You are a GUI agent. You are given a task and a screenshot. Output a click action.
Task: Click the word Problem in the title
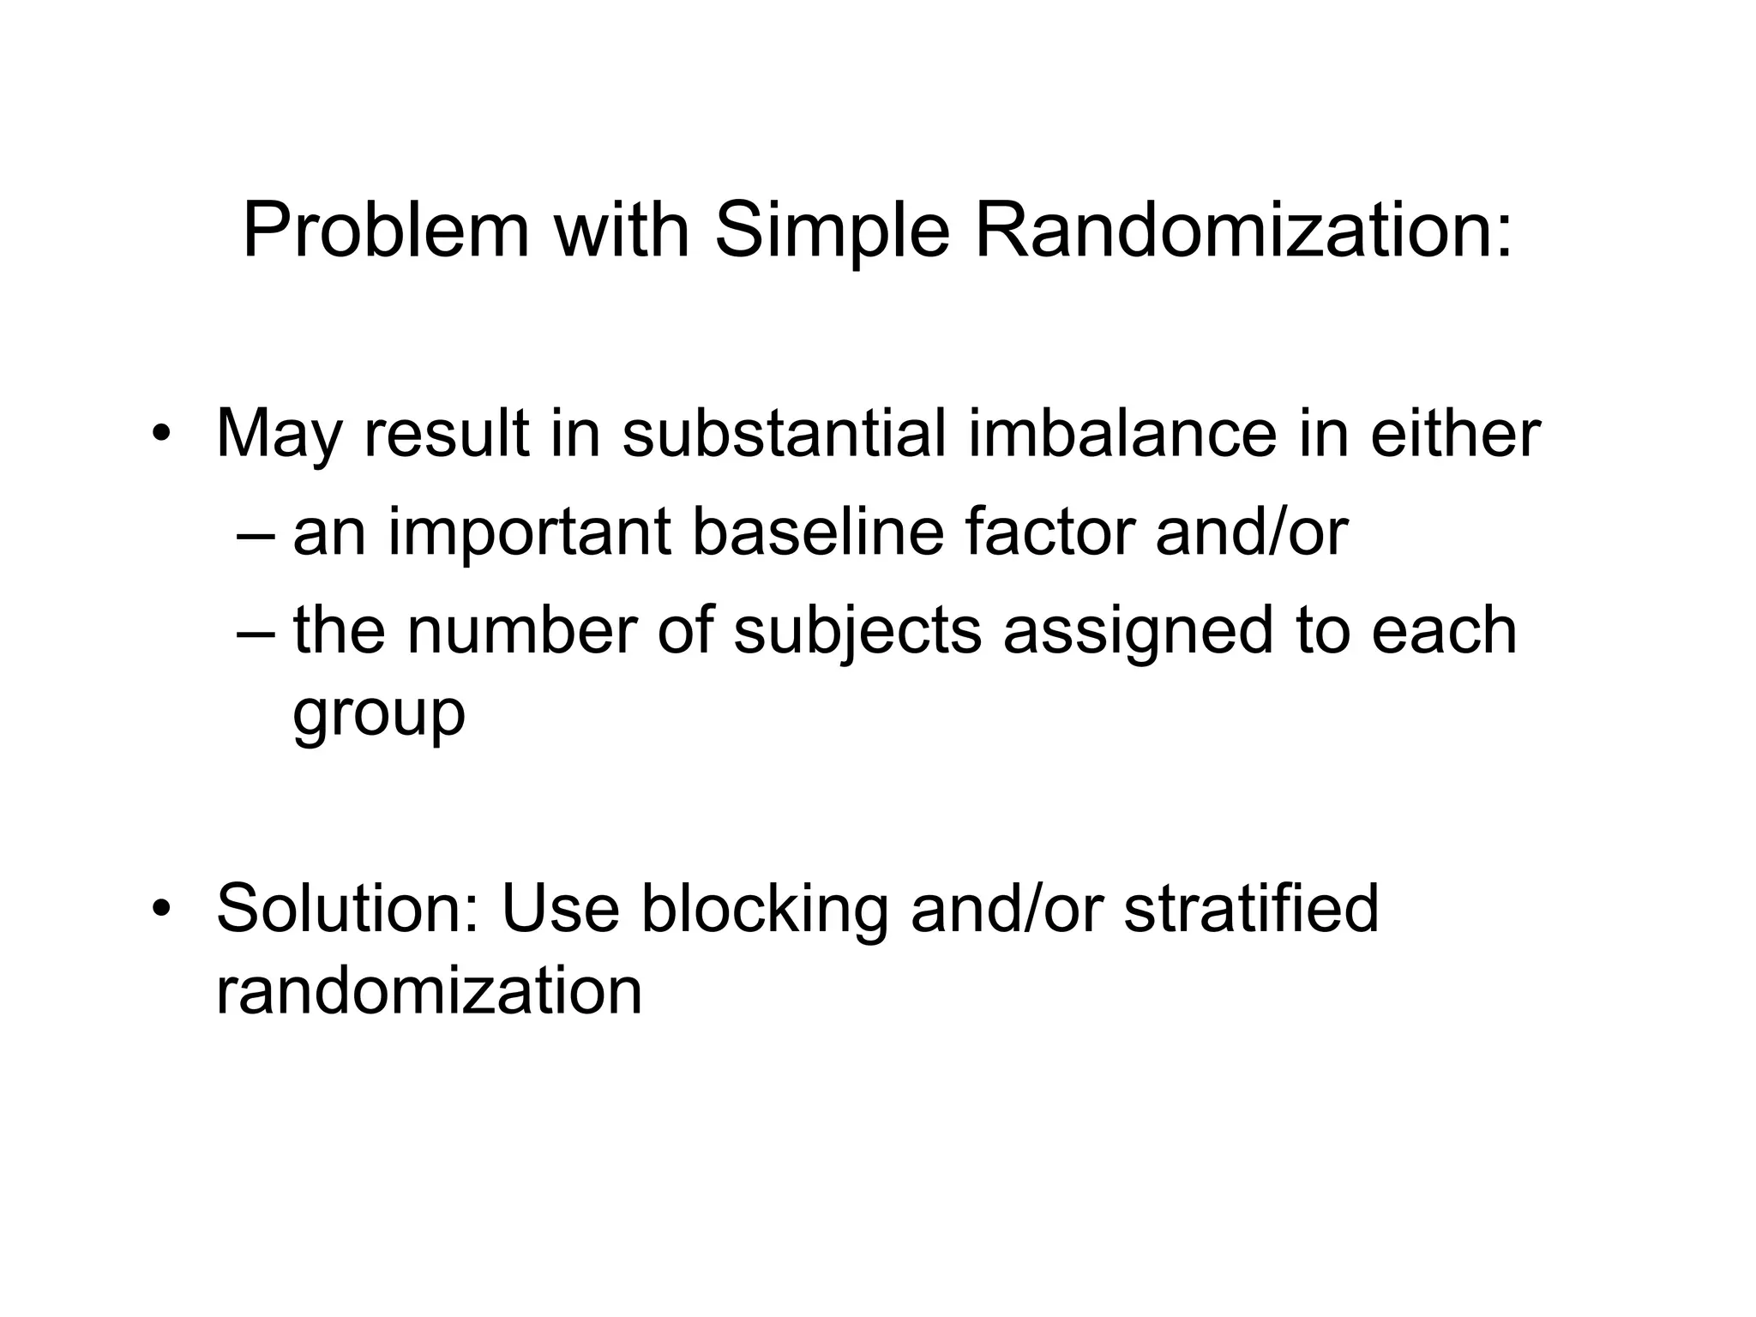pos(386,232)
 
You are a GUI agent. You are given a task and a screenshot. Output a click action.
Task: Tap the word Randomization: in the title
pos(1243,232)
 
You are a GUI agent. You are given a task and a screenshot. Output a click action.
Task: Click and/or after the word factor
pos(1252,532)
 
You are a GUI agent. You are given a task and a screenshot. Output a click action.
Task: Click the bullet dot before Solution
pos(160,909)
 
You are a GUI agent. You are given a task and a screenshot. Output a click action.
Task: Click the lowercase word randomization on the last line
pos(429,990)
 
